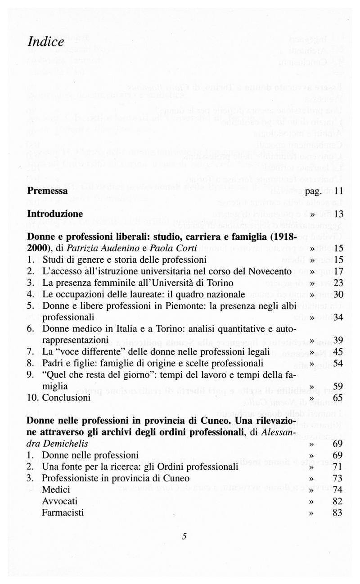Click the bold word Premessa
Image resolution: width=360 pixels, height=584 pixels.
point(47,191)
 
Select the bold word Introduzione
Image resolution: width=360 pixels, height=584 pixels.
point(55,213)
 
